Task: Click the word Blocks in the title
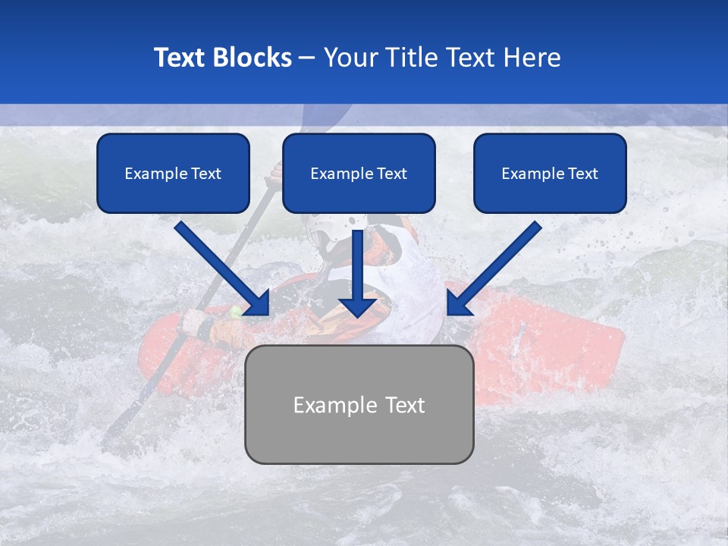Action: (x=253, y=58)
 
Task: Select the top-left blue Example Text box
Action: (x=173, y=173)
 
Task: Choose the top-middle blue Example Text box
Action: (x=359, y=173)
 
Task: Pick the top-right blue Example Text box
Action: (x=550, y=173)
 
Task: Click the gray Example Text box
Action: (x=359, y=404)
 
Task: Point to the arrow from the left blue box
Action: (x=220, y=267)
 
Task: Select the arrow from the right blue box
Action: (x=497, y=267)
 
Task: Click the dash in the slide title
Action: (x=308, y=58)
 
